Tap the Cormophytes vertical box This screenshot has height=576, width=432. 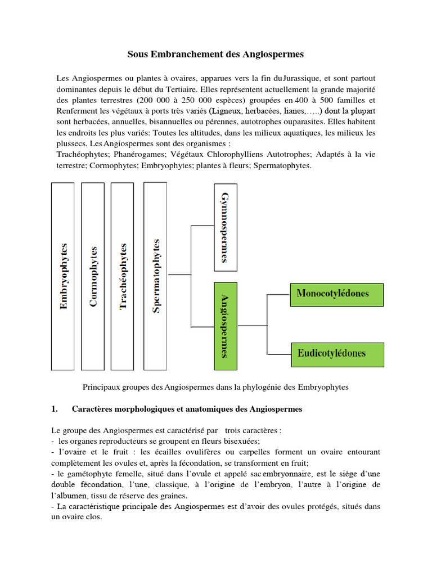(93, 276)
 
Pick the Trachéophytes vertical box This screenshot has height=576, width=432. (123, 276)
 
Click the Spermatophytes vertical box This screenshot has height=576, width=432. (156, 276)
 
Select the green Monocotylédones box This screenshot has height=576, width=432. (337, 294)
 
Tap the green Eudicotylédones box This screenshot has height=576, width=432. (337, 354)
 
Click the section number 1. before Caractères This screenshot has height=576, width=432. (55, 409)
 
